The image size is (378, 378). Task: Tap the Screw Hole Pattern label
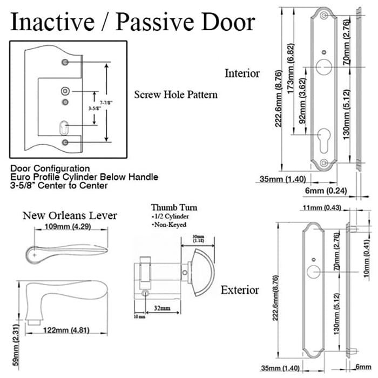pos(175,94)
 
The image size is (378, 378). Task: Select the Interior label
pos(242,73)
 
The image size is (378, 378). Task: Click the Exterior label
pos(240,290)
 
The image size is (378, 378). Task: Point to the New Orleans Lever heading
pos(70,215)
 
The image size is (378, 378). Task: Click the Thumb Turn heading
pos(174,207)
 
